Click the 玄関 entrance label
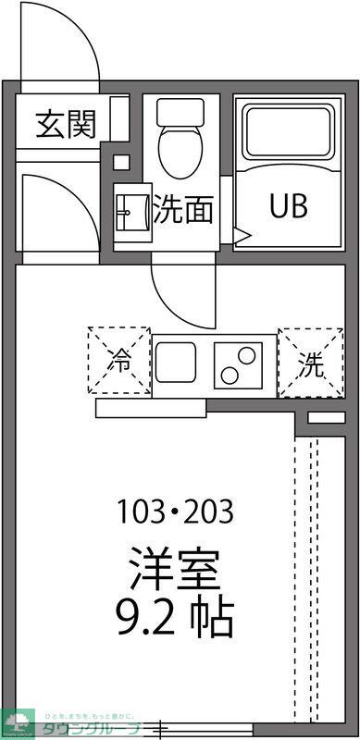(66, 125)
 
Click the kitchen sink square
(180, 364)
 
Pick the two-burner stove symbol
(241, 364)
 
